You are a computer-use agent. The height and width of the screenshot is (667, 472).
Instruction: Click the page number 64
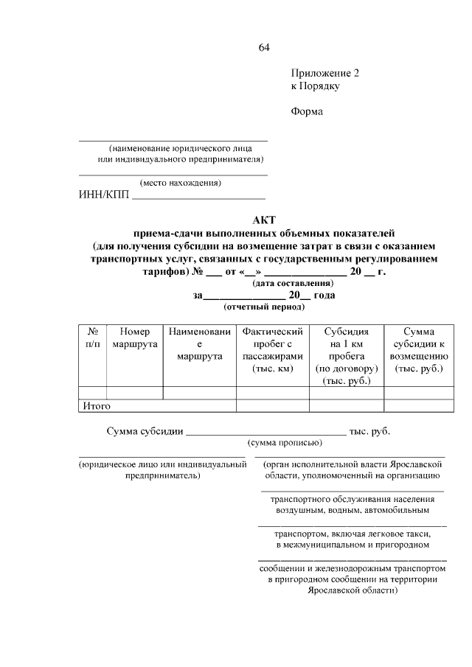click(x=264, y=49)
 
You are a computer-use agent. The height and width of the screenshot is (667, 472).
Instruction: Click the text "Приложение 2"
click(x=324, y=74)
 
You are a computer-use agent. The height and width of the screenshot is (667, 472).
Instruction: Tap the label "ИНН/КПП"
click(x=103, y=195)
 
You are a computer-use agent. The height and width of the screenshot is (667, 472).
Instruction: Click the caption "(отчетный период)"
click(x=264, y=307)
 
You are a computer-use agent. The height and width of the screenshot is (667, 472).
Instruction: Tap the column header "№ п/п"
click(x=93, y=338)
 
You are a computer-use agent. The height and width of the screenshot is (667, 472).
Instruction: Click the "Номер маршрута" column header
click(x=134, y=338)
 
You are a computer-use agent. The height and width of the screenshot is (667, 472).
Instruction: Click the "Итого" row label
click(x=97, y=405)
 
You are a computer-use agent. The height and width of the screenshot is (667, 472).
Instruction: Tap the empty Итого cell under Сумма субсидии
click(x=418, y=405)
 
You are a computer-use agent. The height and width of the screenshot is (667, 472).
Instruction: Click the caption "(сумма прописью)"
click(x=284, y=443)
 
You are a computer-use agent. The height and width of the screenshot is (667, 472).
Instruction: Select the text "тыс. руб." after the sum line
click(x=369, y=431)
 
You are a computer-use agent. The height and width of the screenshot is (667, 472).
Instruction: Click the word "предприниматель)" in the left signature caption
click(x=162, y=476)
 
